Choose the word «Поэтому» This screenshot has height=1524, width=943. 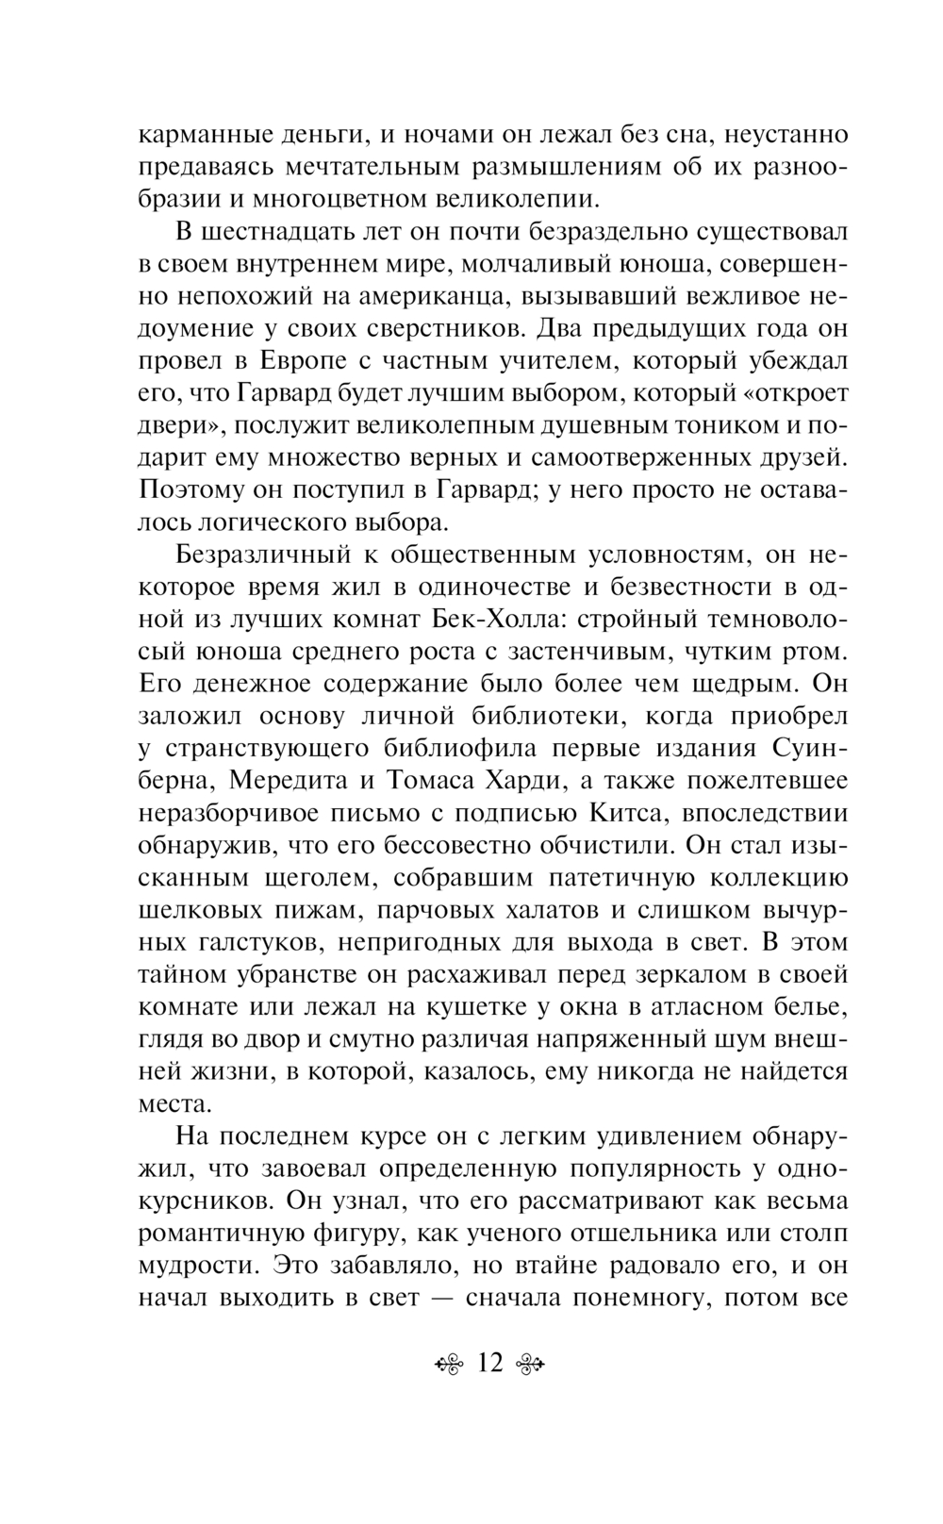pyautogui.click(x=192, y=490)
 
